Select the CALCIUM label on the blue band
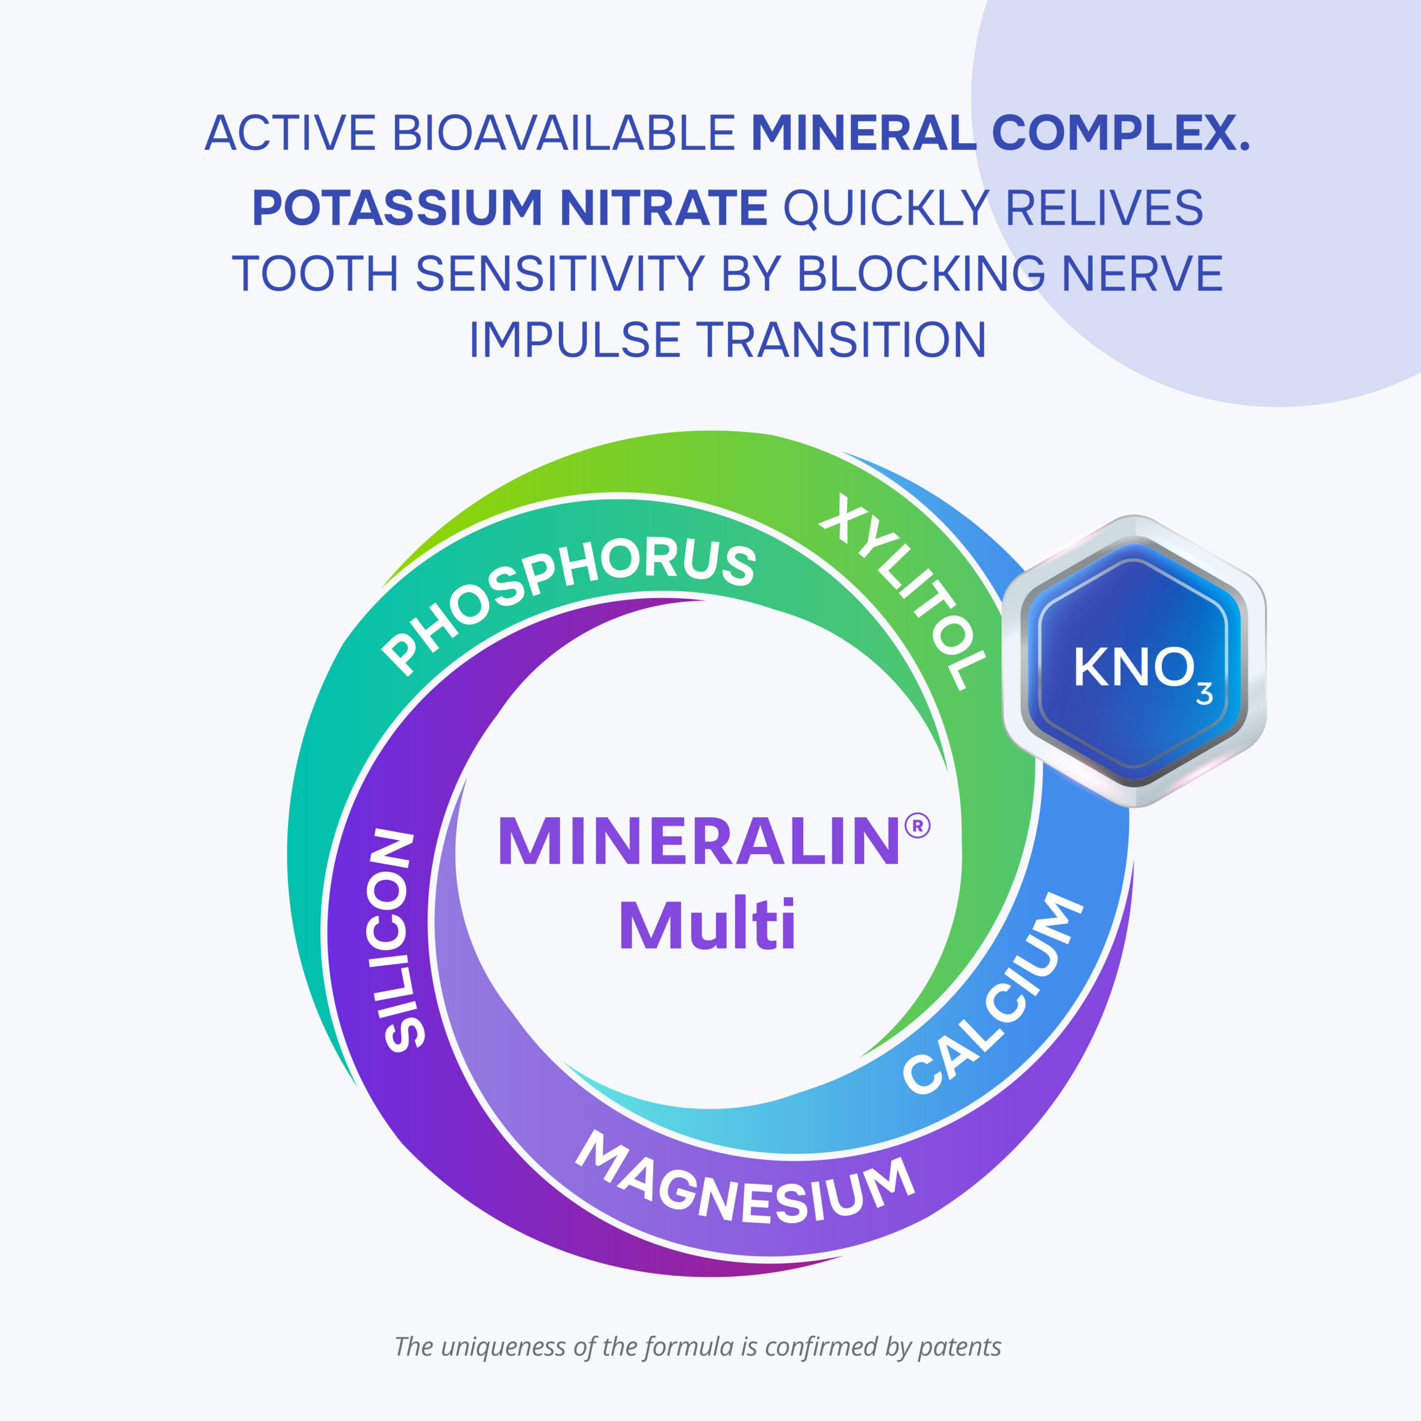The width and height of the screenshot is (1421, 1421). point(994,993)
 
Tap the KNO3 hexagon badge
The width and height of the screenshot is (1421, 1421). point(1134,662)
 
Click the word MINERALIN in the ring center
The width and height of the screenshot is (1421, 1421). point(699,841)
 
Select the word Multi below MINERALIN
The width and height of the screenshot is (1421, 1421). point(708,925)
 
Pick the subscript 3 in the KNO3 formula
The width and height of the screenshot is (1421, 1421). point(1204,694)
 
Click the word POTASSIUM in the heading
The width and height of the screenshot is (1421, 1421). point(397,208)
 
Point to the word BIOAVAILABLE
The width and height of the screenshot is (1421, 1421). point(563,133)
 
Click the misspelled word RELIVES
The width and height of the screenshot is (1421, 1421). point(1104,208)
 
